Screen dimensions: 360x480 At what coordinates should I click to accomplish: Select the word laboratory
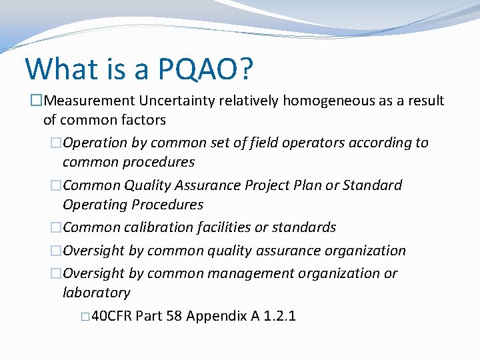coord(96,293)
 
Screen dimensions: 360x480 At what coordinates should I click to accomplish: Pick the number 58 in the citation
coord(174,315)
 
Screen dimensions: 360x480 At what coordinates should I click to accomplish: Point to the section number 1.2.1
coord(279,315)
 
